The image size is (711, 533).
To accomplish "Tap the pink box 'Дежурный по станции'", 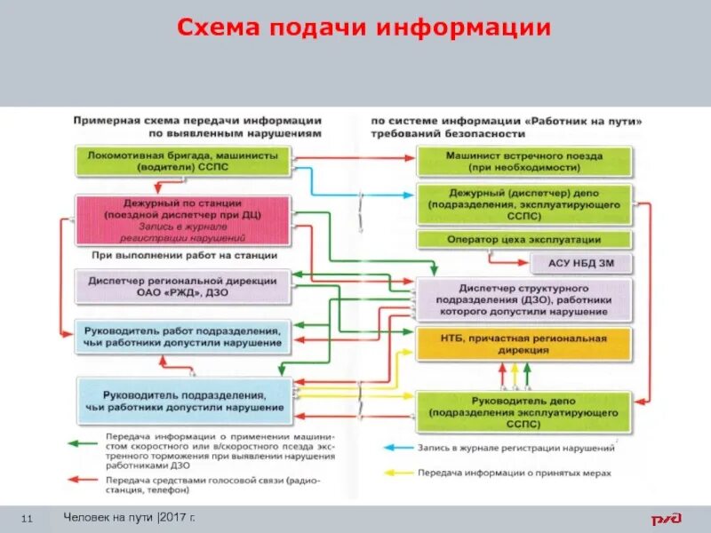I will tap(183, 219).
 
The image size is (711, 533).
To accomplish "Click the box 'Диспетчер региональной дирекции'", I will tap(183, 285).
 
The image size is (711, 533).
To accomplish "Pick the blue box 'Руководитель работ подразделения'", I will tap(183, 335).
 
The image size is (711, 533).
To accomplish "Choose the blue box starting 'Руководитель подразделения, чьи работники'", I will tap(183, 400).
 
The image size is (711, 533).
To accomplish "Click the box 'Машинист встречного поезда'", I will tap(524, 161).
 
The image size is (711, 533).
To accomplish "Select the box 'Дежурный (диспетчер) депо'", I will tap(524, 203).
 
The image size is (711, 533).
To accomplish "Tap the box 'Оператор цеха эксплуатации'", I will tap(524, 240).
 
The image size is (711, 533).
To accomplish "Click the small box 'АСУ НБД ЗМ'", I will tap(580, 263).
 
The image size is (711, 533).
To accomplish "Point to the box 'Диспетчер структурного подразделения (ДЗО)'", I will tap(524, 300).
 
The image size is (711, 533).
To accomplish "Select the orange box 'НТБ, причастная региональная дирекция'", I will tap(524, 344).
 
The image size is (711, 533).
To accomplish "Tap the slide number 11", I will tap(26, 518).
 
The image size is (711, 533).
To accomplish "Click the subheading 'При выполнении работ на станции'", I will tap(184, 255).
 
